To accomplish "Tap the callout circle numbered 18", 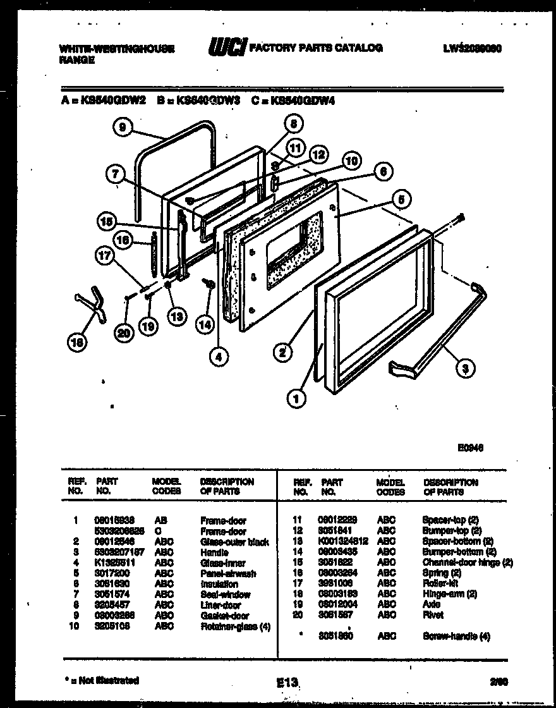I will pyautogui.click(x=77, y=343).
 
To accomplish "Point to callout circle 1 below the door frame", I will pyautogui.click(x=294, y=398).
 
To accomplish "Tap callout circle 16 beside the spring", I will pyautogui.click(x=123, y=240).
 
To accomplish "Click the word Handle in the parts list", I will pyautogui.click(x=214, y=552).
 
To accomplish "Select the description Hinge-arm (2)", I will pyautogui.click(x=449, y=594).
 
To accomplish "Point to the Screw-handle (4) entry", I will pyautogui.click(x=456, y=637).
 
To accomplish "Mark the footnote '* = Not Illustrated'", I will pyautogui.click(x=102, y=680).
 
